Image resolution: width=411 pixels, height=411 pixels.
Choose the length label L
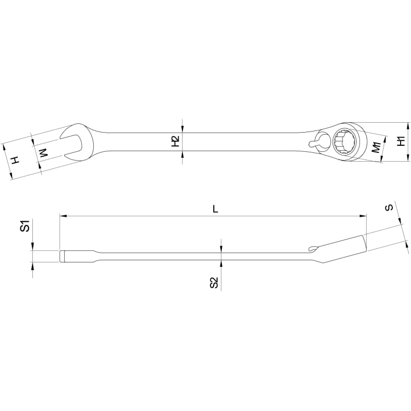point(215,209)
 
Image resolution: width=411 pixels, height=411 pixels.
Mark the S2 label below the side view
point(214,283)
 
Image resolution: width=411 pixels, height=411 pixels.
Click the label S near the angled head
point(389,208)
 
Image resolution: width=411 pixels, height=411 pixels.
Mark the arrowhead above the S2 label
point(221,249)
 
